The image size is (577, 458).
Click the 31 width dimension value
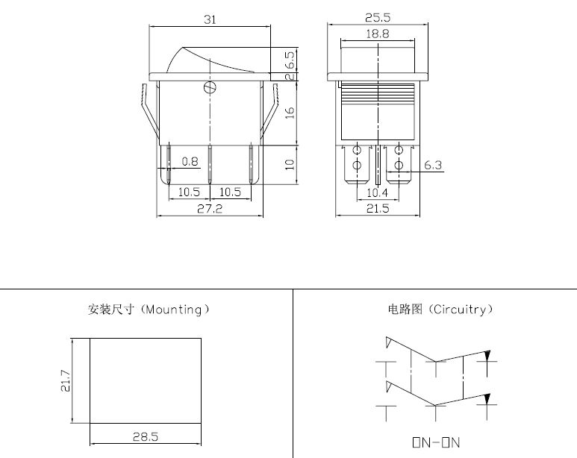pos(210,19)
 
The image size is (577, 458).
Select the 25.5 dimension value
pos(378,17)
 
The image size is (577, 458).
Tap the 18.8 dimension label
pos(378,34)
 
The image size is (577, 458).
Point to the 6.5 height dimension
pos(290,60)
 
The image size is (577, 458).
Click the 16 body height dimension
pos(290,113)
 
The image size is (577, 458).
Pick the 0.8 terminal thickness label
pos(190,161)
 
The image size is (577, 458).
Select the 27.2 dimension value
pos(210,209)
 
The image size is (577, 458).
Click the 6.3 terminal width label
pos(433,165)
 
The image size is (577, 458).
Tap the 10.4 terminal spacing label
pos(377,192)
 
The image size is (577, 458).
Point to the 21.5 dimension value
pos(378,209)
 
